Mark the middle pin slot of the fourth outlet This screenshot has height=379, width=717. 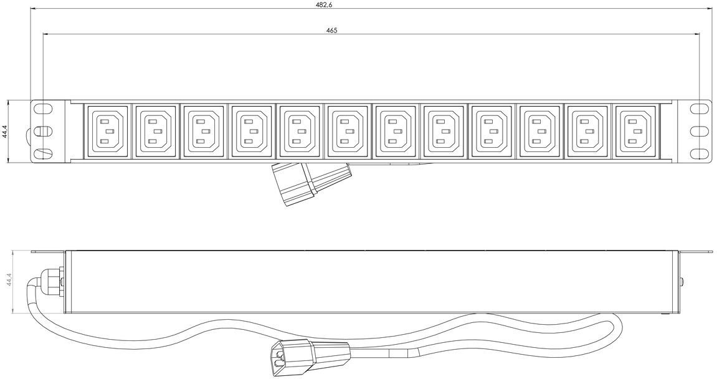(254, 132)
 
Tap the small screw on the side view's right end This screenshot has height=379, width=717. (683, 282)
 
